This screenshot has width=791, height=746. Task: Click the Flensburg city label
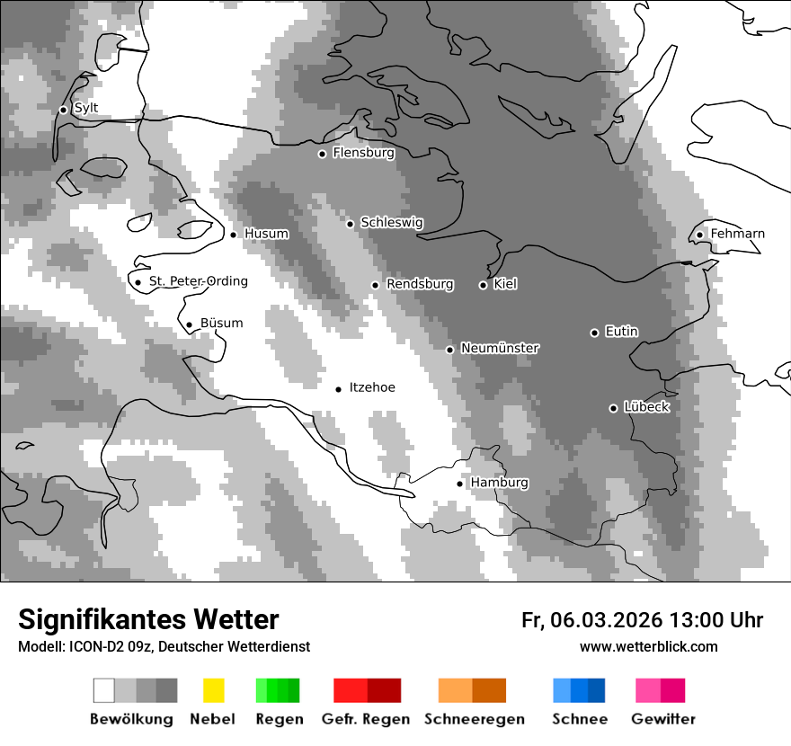point(363,153)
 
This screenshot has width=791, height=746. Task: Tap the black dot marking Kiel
point(483,285)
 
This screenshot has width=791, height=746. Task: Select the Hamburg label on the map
point(499,483)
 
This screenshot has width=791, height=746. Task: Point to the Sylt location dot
point(63,110)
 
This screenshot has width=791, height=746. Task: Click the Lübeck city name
point(646,407)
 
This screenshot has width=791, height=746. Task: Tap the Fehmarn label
point(737,234)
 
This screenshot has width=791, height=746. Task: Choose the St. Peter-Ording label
point(198,281)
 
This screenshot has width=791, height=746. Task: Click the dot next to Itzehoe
point(338,389)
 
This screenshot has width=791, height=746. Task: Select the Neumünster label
point(499,348)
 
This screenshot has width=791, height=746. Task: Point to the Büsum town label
point(221,324)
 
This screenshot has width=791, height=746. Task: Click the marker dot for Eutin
point(594,333)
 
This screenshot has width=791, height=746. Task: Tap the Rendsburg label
point(420,284)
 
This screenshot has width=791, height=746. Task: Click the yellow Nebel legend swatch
point(213,690)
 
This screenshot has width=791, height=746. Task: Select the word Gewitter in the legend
point(662,719)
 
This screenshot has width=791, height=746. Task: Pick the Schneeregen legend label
point(475,719)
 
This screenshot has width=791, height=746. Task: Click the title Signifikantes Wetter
point(148,619)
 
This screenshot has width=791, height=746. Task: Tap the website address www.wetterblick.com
point(648,646)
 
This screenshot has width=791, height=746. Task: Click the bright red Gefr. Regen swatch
point(350,690)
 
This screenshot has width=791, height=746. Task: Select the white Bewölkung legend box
point(104,690)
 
